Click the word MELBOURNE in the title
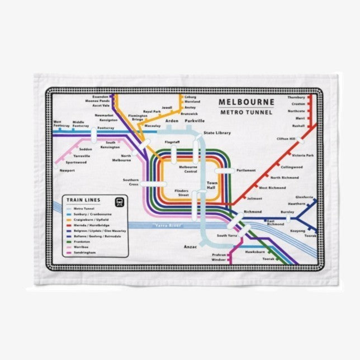[246, 102]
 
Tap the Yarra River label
[168, 226]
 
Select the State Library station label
[217, 132]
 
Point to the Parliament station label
[245, 170]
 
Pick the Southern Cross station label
[131, 182]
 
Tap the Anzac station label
[191, 246]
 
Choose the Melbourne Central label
[188, 169]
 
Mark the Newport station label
[67, 170]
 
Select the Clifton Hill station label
[286, 139]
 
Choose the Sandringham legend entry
[86, 253]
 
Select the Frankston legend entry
[83, 241]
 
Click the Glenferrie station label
[305, 197]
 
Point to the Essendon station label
[101, 96]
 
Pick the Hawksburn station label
[254, 253]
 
